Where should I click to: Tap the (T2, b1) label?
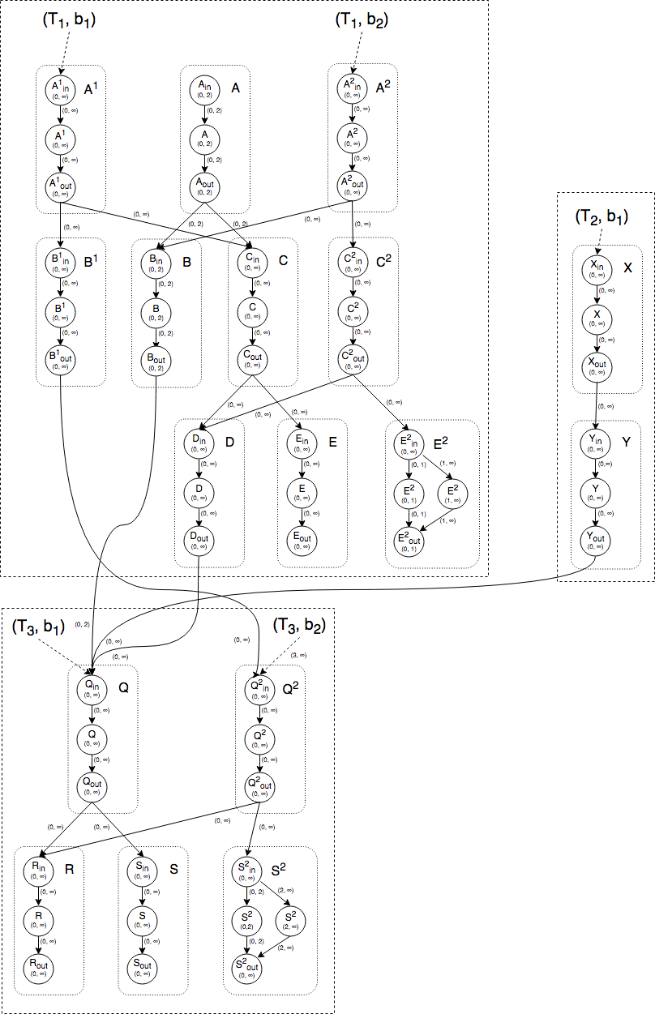tap(601, 216)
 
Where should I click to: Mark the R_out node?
tap(38, 966)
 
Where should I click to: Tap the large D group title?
tap(229, 442)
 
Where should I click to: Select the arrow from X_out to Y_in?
tap(596, 405)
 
